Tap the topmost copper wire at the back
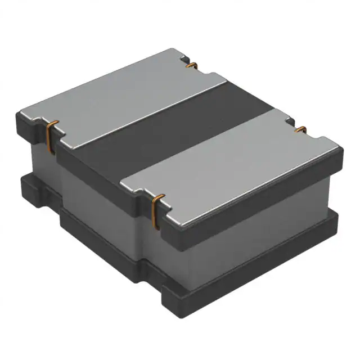(x=191, y=66)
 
